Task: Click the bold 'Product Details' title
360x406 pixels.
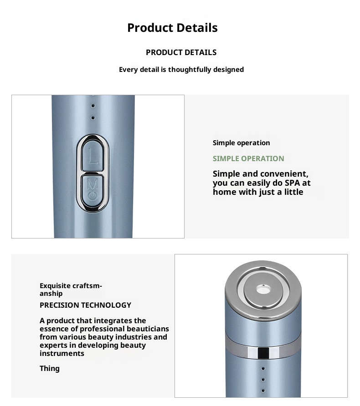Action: coord(172,28)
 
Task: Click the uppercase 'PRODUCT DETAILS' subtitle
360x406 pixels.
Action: coord(181,52)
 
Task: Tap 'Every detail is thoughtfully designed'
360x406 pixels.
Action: coord(181,70)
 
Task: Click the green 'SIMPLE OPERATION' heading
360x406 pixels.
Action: coord(248,158)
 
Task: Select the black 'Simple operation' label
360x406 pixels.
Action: coord(241,143)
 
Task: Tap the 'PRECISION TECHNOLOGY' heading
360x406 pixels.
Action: coord(85,305)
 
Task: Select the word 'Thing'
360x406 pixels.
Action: coord(49,368)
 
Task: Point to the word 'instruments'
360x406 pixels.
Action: coord(62,353)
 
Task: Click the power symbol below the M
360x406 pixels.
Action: coord(93,195)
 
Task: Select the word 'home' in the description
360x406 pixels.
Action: coord(223,192)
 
